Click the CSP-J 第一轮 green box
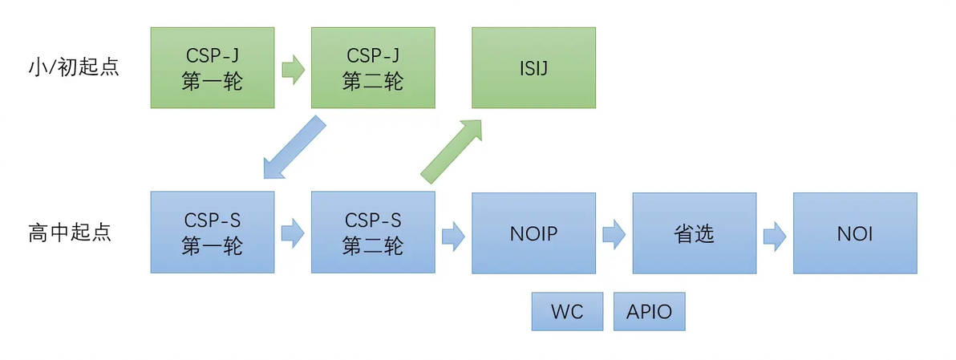point(213,68)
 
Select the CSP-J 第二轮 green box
point(373,68)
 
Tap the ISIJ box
point(533,68)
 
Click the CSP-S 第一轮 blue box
point(213,233)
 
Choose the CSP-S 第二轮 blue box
point(373,233)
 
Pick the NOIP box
point(533,233)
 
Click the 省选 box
point(694,233)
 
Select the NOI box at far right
point(855,233)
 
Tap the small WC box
point(567,311)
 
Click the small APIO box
point(650,311)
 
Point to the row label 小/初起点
point(73,67)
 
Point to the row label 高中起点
point(70,233)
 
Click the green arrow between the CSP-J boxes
point(293,69)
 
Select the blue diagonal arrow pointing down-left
point(294,148)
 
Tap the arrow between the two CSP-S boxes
point(293,234)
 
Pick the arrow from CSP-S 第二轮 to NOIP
point(453,234)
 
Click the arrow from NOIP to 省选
point(614,234)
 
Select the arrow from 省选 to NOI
point(774,234)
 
